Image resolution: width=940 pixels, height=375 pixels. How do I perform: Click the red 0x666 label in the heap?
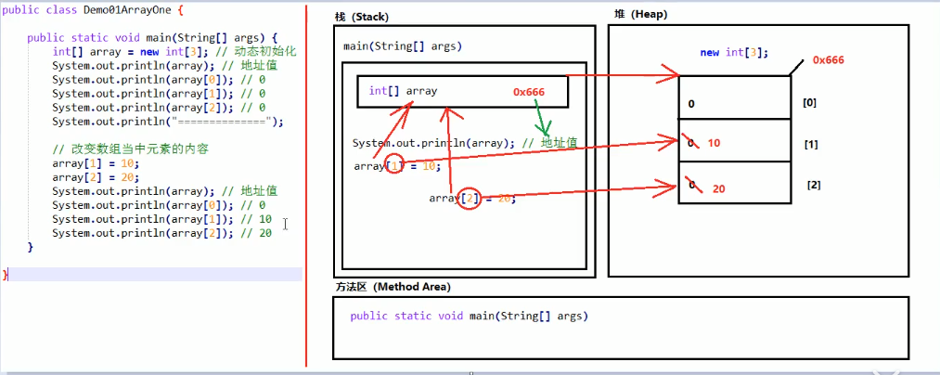pos(828,60)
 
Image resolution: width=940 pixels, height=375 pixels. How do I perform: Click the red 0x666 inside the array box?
pos(528,92)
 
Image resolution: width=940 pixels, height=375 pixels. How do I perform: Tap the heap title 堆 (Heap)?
pos(639,15)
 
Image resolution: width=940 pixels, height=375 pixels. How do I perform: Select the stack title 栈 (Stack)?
pos(363,17)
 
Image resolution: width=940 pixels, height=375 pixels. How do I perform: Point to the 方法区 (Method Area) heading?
pos(393,287)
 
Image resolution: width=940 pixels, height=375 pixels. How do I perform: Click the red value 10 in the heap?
pos(714,143)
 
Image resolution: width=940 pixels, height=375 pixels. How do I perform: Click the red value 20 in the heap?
pos(719,188)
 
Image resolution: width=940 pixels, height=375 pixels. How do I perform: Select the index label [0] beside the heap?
pos(809,102)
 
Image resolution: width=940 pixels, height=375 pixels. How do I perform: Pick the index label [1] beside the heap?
pos(810,146)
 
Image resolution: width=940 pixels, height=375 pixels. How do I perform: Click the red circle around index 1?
pos(396,166)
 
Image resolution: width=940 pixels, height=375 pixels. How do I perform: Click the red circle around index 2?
pos(470,198)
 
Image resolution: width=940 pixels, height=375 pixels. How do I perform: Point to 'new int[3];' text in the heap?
pos(734,53)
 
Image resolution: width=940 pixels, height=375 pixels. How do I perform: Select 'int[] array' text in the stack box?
pos(403,91)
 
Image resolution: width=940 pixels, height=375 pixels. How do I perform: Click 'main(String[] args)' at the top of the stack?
pos(402,46)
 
